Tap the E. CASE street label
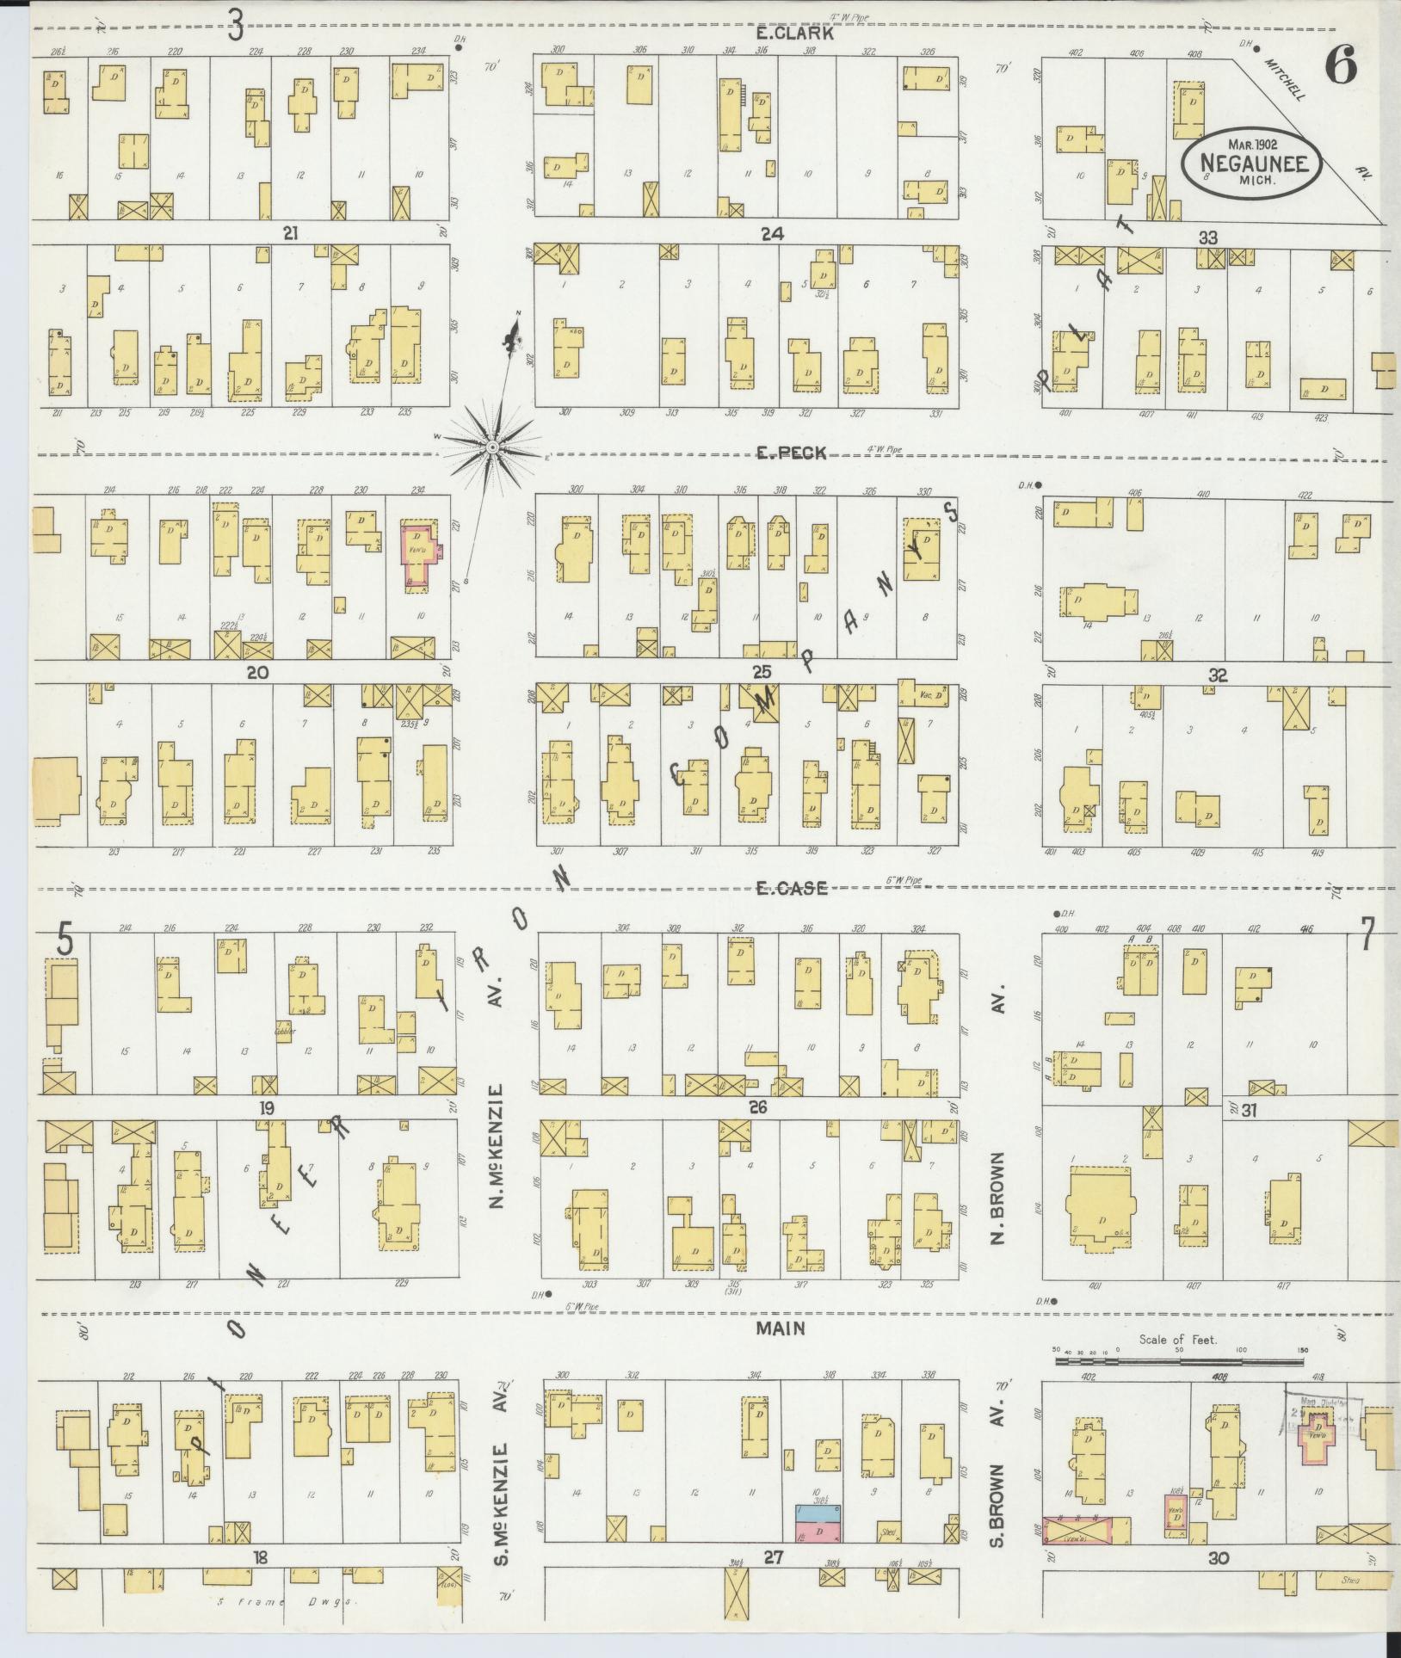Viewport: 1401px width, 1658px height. coord(792,888)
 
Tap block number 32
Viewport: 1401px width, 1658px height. coord(1216,675)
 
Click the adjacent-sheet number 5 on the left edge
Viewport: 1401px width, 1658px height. coord(64,938)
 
